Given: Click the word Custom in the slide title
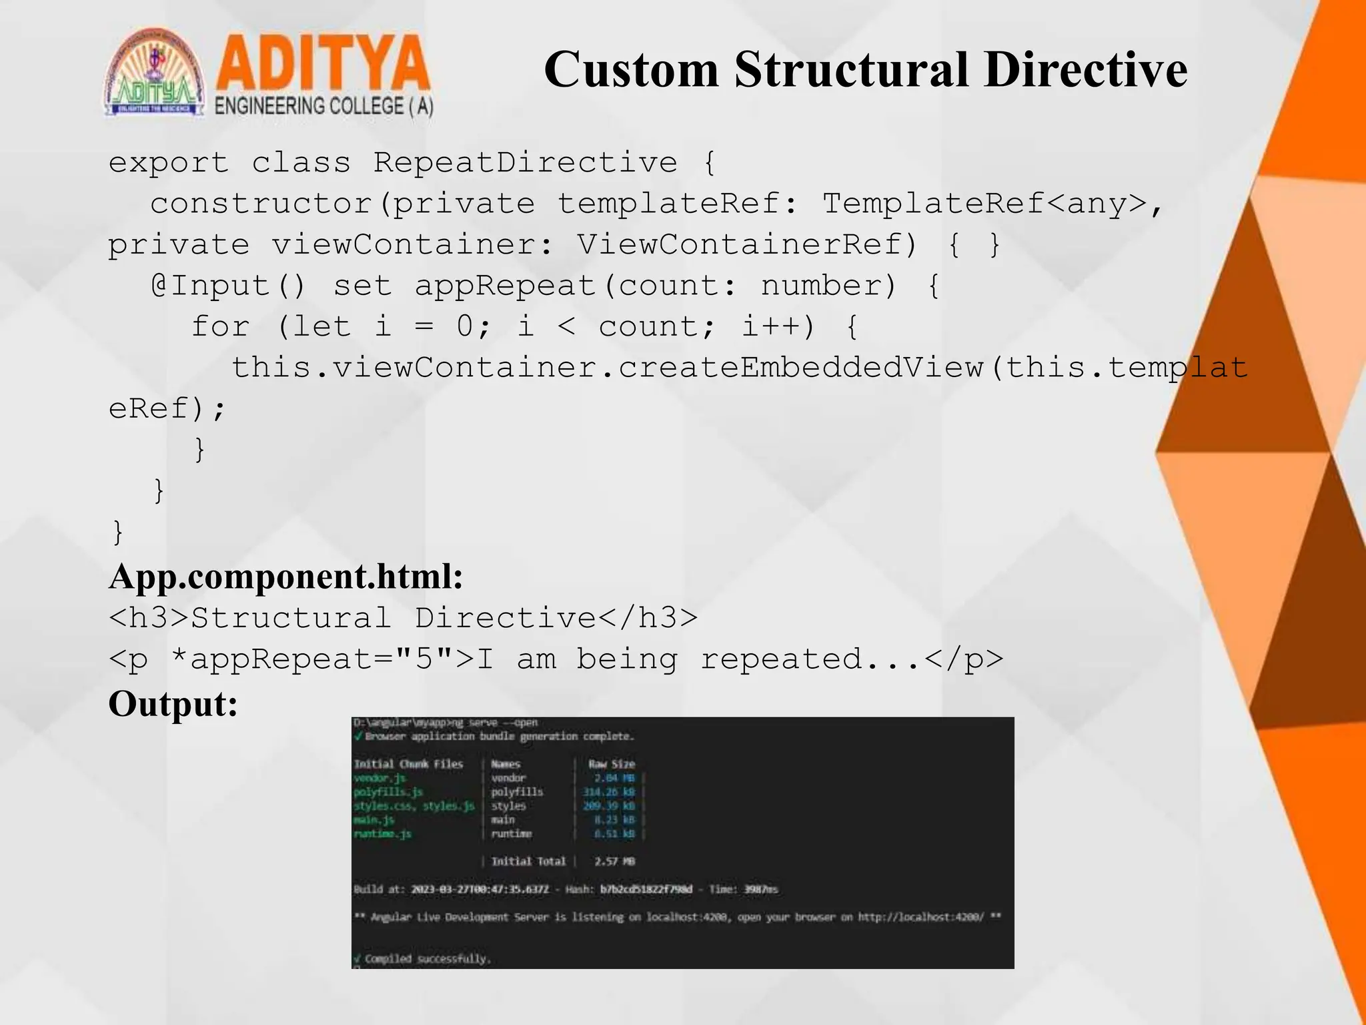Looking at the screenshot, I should pyautogui.click(x=631, y=70).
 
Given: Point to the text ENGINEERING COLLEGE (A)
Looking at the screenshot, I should pyautogui.click(x=323, y=106).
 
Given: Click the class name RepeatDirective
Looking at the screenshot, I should pyautogui.click(x=525, y=163).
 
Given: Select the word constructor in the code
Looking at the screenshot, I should pyautogui.click(x=261, y=204).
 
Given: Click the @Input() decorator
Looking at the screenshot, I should pyautogui.click(x=228, y=286).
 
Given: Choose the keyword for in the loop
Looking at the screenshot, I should pyautogui.click(x=220, y=327).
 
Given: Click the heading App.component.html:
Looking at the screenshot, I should pyautogui.click(x=286, y=577).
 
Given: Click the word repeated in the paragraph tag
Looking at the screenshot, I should pyautogui.click(x=781, y=659).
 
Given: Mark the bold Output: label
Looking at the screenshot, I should pyautogui.click(x=173, y=704).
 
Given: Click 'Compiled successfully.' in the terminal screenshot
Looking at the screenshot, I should pyautogui.click(x=428, y=959).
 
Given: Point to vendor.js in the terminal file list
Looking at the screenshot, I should pyautogui.click(x=380, y=778).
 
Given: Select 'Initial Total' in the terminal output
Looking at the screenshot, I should pyautogui.click(x=528, y=862).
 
